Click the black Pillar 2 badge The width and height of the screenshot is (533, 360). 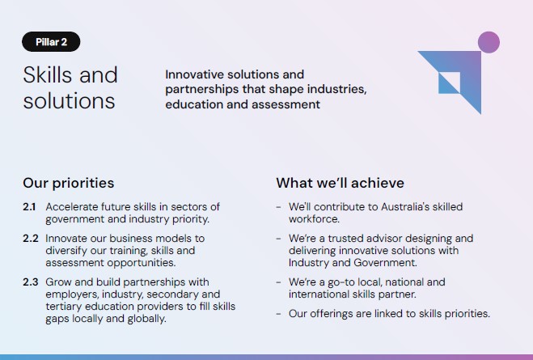pos(51,42)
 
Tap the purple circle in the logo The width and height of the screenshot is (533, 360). pos(489,42)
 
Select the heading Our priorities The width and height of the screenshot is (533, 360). pos(68,183)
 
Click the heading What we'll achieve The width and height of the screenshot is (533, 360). pos(340,183)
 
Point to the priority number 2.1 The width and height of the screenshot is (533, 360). pos(29,206)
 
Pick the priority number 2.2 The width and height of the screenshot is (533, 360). pos(31,239)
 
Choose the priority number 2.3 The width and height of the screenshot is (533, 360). pos(31,282)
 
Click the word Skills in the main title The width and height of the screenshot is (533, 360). pos(48,74)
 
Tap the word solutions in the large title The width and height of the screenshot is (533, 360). pos(69,101)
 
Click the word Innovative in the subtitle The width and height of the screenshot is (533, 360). pos(194,74)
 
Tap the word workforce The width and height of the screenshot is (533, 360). pos(314,219)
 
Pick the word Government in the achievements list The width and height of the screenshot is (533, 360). pos(385,263)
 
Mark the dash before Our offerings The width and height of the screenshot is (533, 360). pos(278,314)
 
